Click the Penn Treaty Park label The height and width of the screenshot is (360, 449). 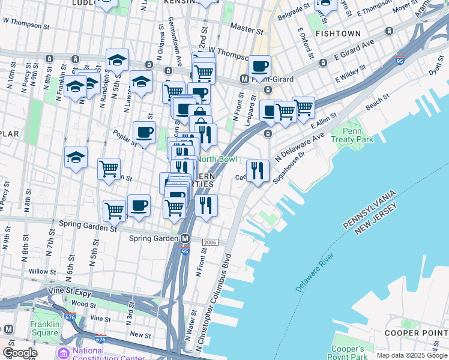357,135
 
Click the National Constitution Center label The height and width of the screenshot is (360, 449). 108,354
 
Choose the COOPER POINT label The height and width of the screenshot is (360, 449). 425,332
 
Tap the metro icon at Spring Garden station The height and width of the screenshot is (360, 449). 186,238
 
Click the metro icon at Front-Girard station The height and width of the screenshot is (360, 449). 244,79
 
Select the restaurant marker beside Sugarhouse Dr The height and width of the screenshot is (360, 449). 258,170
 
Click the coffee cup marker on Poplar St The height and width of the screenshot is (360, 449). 144,133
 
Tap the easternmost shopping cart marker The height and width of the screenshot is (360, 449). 304,108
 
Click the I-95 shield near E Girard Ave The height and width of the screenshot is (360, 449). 400,61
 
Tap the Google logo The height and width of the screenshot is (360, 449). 20,353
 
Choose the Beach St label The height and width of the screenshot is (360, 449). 374,104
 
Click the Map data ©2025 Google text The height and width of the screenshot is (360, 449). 412,355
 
